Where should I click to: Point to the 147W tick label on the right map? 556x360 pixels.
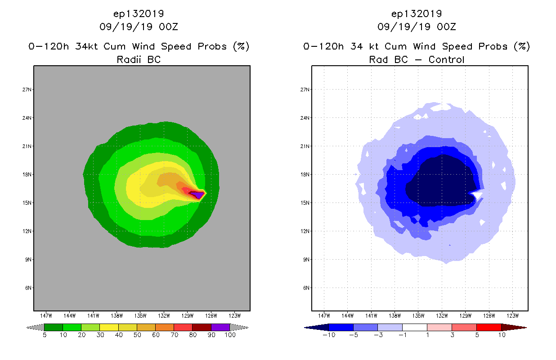pos(324,315)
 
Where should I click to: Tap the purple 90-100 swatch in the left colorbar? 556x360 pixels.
pos(220,327)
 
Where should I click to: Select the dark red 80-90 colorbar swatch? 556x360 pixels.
pos(202,327)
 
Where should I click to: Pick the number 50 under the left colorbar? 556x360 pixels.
pos(137,335)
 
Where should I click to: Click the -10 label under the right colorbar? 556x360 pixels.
pos(328,335)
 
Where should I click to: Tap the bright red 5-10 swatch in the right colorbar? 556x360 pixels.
pos(489,327)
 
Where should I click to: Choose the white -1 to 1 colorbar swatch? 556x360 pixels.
pos(414,327)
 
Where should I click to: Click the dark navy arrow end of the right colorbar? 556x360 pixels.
pos(315,327)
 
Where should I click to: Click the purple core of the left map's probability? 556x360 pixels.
pos(197,195)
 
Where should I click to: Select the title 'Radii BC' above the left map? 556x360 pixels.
pos(139,59)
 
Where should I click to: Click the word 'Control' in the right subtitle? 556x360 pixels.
pos(446,59)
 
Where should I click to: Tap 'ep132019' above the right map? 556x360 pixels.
pos(417,13)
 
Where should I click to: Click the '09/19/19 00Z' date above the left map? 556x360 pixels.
pos(139,27)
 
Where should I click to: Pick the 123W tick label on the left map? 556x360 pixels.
pos(234,315)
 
